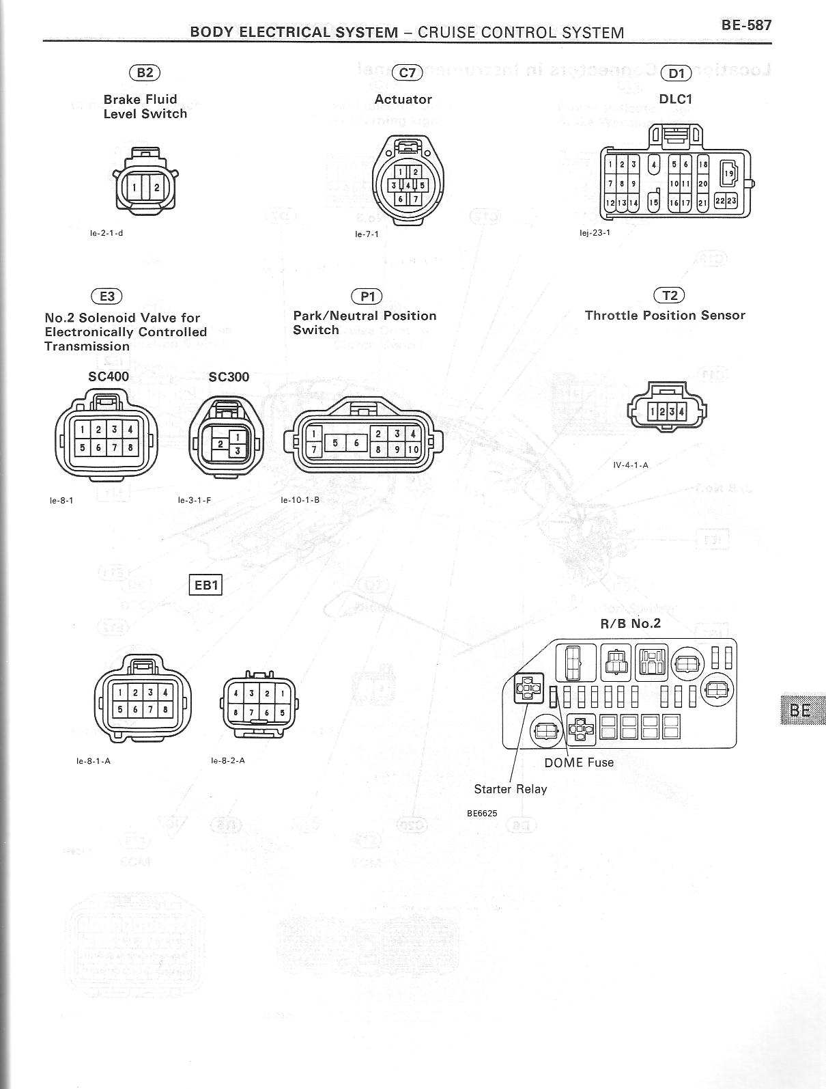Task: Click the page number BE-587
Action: tap(746, 25)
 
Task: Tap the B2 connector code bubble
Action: tap(144, 72)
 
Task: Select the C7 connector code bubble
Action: tap(407, 72)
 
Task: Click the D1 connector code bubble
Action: tap(676, 73)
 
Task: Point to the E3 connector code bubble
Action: tap(106, 296)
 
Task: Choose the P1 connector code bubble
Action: tap(367, 296)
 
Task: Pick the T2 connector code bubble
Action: tap(669, 295)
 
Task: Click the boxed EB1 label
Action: tap(205, 585)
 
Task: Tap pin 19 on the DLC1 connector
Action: tap(728, 174)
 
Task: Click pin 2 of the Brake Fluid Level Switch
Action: tap(156, 187)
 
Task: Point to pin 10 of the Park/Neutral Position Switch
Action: tap(412, 450)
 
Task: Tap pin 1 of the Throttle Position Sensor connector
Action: tap(653, 411)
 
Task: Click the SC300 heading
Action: tap(229, 376)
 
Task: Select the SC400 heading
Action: tap(109, 376)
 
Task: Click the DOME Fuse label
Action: tap(579, 762)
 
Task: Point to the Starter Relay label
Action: tap(511, 789)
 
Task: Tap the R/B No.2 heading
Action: tap(630, 623)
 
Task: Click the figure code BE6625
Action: tap(482, 814)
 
